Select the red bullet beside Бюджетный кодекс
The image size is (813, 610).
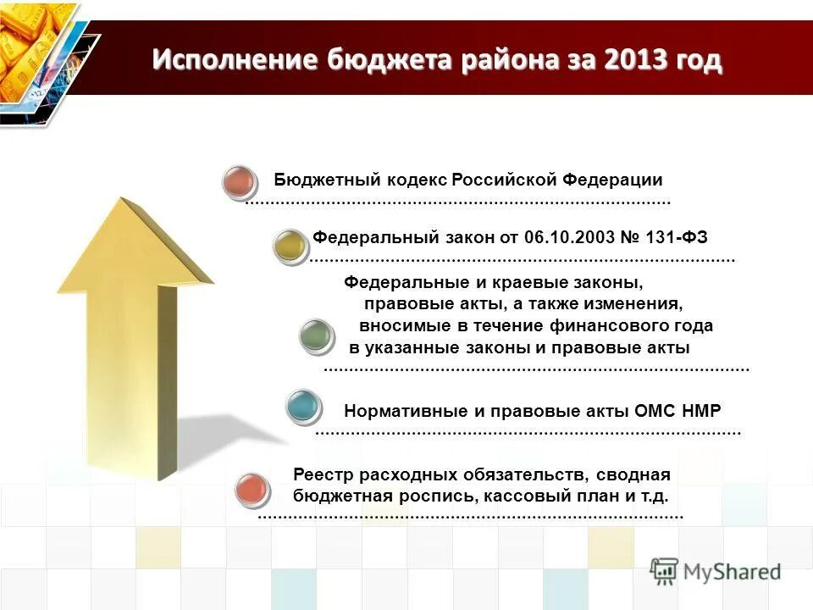(x=240, y=182)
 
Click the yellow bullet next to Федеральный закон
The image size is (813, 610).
(x=290, y=245)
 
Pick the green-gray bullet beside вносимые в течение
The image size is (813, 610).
(x=318, y=336)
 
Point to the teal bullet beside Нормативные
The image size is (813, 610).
(x=303, y=406)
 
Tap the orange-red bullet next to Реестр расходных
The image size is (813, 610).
(x=252, y=490)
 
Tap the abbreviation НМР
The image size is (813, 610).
(x=703, y=412)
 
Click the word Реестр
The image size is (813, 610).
(x=321, y=474)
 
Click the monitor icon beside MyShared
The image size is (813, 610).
(x=665, y=571)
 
